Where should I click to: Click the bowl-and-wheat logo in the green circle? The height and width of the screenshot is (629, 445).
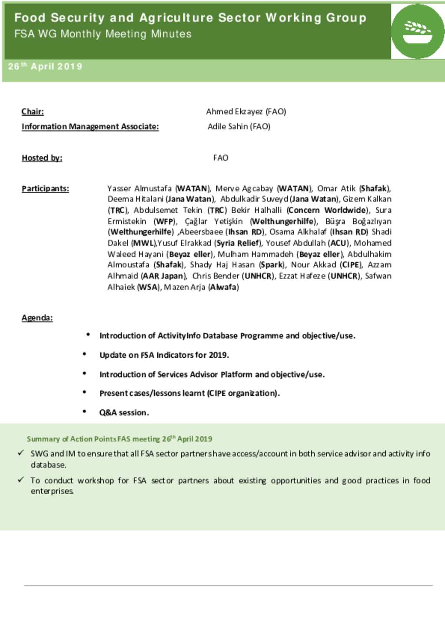[417, 32]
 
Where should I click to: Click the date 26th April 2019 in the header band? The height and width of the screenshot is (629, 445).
[45, 66]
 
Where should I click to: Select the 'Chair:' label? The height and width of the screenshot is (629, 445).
[33, 112]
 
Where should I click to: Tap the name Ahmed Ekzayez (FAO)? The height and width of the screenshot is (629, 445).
[246, 112]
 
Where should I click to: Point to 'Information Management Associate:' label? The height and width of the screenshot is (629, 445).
[90, 126]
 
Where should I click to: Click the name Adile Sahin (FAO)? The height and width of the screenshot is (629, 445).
[239, 126]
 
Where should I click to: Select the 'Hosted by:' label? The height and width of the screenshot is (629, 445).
[42, 158]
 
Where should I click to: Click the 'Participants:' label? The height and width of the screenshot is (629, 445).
[45, 188]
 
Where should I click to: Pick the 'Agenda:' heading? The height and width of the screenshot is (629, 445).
[37, 318]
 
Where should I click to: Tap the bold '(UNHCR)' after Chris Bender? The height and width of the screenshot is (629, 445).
[259, 276]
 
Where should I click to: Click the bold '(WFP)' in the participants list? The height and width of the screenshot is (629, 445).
[165, 221]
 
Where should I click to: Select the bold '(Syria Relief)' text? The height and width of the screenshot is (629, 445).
[238, 243]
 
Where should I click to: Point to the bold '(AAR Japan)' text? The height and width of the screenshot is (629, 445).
[163, 276]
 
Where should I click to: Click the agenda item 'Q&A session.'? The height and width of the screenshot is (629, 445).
[124, 412]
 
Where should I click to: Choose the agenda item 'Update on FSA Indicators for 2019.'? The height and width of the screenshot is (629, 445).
[164, 355]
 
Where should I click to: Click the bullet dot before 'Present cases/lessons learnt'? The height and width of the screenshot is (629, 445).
[84, 392]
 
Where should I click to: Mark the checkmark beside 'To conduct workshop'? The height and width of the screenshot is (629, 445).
[20, 480]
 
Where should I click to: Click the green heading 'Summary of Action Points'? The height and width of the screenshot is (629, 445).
[119, 439]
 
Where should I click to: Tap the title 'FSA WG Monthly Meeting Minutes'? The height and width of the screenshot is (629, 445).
[103, 34]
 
